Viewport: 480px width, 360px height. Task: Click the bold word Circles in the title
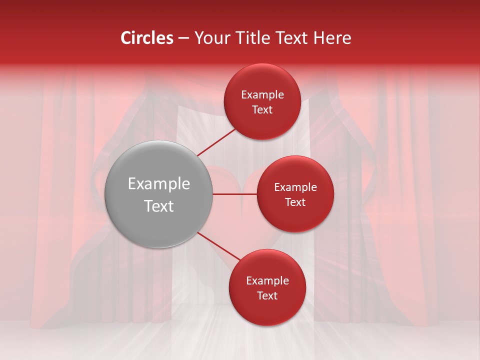tap(147, 38)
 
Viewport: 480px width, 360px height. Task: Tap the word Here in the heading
tap(332, 38)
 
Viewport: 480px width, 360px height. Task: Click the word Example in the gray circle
tap(159, 184)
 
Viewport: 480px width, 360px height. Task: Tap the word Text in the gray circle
tap(159, 206)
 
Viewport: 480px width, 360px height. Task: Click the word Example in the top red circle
tap(262, 95)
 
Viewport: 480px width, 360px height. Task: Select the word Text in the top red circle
tap(262, 109)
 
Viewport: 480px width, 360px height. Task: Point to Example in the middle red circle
tap(295, 187)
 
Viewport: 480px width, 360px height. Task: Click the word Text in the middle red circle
tap(295, 202)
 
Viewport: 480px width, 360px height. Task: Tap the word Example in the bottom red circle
tap(267, 281)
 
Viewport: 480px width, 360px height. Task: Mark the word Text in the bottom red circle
tap(267, 295)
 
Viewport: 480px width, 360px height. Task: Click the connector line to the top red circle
tap(216, 142)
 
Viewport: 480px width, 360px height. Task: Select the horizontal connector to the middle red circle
tap(234, 194)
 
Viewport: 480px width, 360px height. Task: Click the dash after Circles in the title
tap(183, 38)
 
